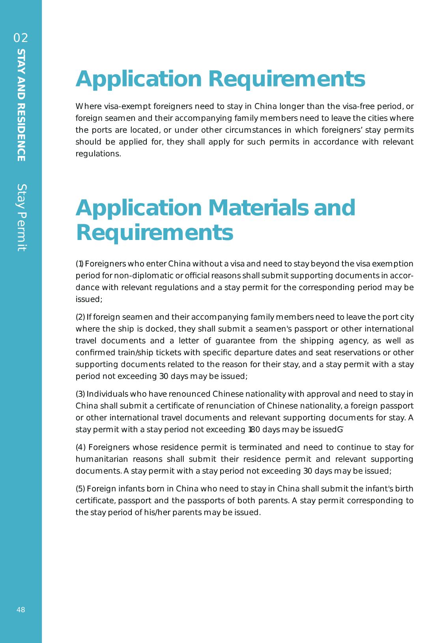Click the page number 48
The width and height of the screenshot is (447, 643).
click(21, 610)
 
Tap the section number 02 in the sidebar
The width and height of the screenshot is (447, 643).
click(21, 38)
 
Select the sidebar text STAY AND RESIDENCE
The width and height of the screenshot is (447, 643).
click(21, 105)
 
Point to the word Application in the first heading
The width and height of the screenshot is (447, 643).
click(138, 79)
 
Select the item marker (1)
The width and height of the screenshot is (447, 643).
click(79, 264)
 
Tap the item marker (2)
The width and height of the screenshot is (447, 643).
click(80, 317)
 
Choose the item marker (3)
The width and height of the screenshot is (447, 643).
click(80, 394)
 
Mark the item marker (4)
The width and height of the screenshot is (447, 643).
click(80, 447)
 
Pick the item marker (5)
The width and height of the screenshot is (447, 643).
click(80, 489)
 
